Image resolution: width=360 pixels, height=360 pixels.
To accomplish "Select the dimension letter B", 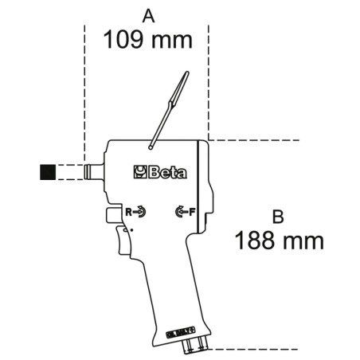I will pos(278,216).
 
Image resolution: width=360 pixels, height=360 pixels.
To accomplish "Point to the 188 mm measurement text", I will pos(279,241).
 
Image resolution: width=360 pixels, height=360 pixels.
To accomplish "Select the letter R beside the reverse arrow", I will pos(127,212).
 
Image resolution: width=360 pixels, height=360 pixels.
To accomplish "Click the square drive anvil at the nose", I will pos(94,170).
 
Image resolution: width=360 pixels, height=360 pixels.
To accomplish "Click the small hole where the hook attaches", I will pos(151,147).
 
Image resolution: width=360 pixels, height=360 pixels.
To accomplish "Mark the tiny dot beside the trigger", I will pos(131,230).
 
